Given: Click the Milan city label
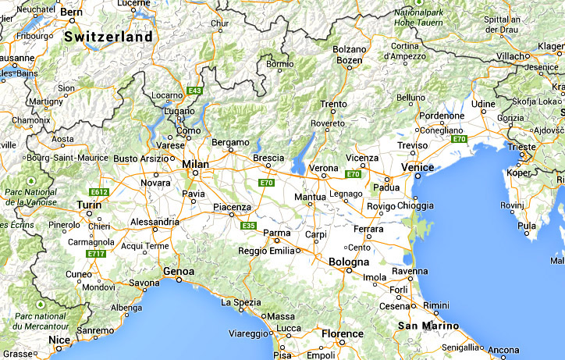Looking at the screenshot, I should [195, 164].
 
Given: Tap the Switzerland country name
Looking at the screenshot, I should [108, 37].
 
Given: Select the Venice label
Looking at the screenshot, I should [417, 167].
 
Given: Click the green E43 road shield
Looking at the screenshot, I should [194, 91].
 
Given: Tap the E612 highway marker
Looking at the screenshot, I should [99, 191].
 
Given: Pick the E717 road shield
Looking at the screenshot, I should [97, 254].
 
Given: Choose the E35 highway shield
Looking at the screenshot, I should [248, 226].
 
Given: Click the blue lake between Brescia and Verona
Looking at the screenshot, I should [299, 161].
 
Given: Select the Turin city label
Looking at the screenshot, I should [90, 205].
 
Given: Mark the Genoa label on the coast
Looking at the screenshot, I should [179, 271].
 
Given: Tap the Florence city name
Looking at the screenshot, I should [343, 333].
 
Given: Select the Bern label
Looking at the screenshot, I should [72, 12].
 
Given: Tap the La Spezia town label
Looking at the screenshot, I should [241, 301].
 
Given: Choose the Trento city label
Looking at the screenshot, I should [333, 104].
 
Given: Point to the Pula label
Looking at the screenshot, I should [527, 226].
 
